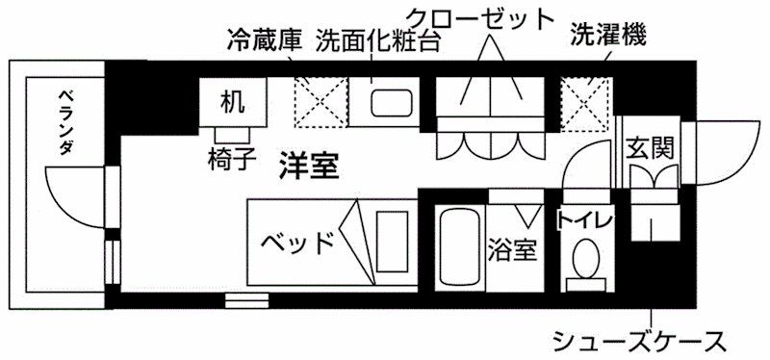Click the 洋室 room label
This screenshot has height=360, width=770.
point(309,165)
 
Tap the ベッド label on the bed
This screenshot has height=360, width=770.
point(298,243)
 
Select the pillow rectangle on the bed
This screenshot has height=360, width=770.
point(393,241)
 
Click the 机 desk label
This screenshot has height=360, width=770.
point(233,102)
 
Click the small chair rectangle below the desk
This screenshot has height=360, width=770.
point(233,135)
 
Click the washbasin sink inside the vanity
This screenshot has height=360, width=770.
point(392,103)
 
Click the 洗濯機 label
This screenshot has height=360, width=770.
point(608,36)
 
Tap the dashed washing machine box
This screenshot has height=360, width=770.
point(587,104)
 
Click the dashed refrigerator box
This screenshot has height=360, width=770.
point(321,102)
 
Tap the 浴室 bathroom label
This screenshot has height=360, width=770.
point(512,249)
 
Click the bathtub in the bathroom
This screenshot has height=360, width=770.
point(461,246)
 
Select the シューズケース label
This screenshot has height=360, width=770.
point(639,340)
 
